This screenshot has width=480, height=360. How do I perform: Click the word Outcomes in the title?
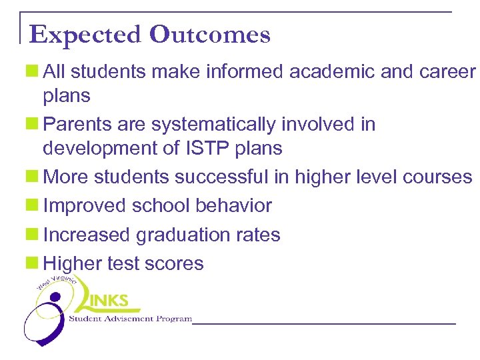[x=210, y=35]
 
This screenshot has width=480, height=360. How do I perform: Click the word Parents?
[x=73, y=125]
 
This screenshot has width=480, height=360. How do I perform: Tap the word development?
[x=100, y=148]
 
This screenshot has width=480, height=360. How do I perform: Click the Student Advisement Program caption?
[x=131, y=319]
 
